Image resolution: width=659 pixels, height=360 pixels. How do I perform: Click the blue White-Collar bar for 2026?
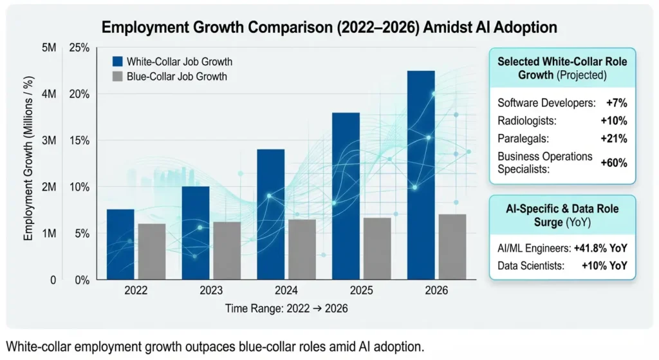[420, 174]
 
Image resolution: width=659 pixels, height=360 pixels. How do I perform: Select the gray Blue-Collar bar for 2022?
[152, 251]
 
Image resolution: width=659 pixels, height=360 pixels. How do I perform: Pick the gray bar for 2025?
[376, 248]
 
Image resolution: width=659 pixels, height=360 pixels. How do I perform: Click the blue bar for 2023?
[195, 232]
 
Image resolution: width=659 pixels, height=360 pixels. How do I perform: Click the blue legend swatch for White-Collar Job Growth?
[117, 62]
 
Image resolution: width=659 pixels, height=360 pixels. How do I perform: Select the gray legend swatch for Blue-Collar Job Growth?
[117, 77]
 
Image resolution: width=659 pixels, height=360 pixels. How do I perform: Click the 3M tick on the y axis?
[49, 141]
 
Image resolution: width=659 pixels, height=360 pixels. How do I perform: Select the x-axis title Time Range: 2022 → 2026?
[286, 308]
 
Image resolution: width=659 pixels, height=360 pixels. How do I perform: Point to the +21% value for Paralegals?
[613, 138]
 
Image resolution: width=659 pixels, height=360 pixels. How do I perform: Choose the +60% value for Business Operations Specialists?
[613, 163]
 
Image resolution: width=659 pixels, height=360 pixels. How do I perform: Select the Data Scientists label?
[532, 265]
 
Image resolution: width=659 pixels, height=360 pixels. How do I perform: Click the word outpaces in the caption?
[184, 346]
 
